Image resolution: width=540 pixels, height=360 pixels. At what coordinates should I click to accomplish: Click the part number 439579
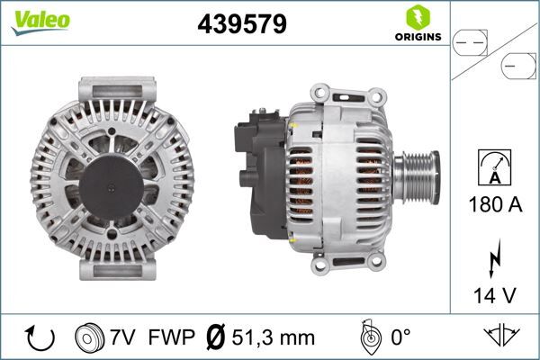pyautogui.click(x=241, y=24)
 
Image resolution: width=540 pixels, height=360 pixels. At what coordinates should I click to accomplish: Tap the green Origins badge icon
pyautogui.click(x=416, y=17)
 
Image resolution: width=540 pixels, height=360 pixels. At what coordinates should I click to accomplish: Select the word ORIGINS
pyautogui.click(x=416, y=38)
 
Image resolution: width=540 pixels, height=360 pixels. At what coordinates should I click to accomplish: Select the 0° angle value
pyautogui.click(x=398, y=337)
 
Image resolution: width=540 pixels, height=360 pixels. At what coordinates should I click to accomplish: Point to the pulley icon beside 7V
pyautogui.click(x=91, y=337)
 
